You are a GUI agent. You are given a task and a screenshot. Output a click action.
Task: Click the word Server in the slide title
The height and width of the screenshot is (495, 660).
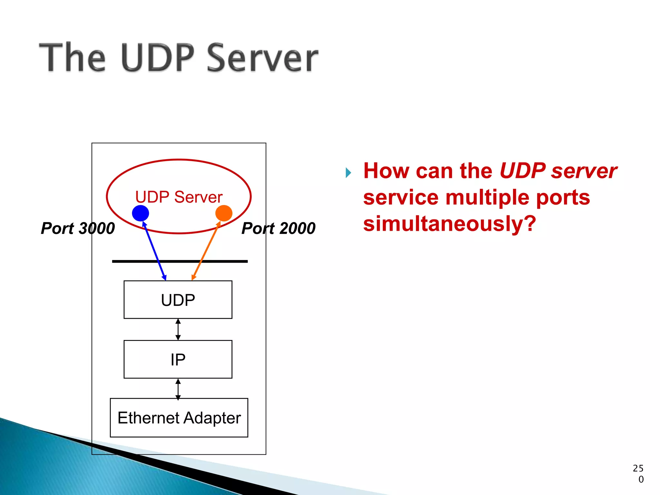262,58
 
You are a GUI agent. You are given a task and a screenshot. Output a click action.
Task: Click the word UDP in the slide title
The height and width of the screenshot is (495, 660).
158,58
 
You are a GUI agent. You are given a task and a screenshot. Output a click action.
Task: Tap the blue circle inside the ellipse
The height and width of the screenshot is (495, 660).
141,213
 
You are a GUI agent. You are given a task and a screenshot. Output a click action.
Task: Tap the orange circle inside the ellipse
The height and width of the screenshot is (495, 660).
224,213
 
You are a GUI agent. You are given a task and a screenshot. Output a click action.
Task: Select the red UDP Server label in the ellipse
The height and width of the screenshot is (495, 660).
179,197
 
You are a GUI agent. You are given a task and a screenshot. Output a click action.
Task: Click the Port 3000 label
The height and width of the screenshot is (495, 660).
78,228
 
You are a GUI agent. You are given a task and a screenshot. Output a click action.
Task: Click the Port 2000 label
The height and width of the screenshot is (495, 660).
278,228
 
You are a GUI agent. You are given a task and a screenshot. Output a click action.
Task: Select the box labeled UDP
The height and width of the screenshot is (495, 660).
178,300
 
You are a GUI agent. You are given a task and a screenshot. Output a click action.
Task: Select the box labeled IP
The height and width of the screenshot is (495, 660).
178,359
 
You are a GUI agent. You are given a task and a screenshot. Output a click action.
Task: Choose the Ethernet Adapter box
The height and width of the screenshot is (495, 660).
179,418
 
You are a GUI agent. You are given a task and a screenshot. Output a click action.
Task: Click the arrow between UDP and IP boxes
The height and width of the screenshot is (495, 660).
178,329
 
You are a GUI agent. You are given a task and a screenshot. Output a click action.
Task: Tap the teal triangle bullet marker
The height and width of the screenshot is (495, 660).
348,173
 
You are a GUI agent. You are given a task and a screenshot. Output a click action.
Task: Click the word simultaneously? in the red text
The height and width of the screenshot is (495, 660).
450,224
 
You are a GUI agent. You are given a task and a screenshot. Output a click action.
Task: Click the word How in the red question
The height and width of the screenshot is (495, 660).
387,171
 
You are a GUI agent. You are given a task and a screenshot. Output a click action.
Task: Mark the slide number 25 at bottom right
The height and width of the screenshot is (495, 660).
638,468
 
